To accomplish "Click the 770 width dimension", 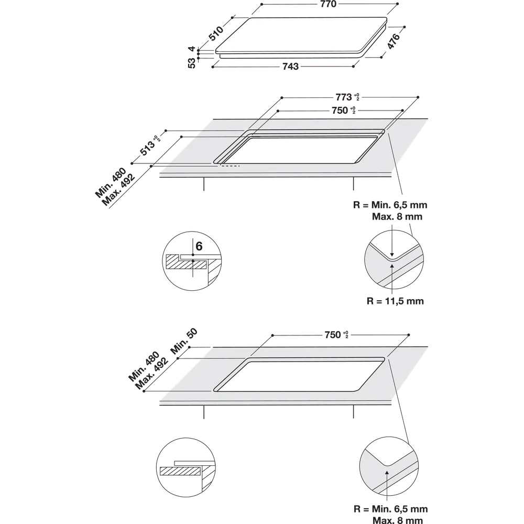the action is (328, 4).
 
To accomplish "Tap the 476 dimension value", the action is (394, 41).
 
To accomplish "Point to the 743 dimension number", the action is (290, 67).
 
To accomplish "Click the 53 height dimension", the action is (191, 63).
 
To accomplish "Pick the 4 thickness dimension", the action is (191, 49).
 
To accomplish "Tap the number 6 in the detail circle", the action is (199, 246).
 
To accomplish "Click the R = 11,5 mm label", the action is (395, 301).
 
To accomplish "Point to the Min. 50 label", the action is (184, 341).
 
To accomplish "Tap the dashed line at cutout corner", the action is (230, 166).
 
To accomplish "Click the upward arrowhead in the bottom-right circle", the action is (387, 473).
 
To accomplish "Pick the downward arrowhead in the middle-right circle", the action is (392, 255).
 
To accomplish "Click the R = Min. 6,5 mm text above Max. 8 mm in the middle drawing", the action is (390, 205).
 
